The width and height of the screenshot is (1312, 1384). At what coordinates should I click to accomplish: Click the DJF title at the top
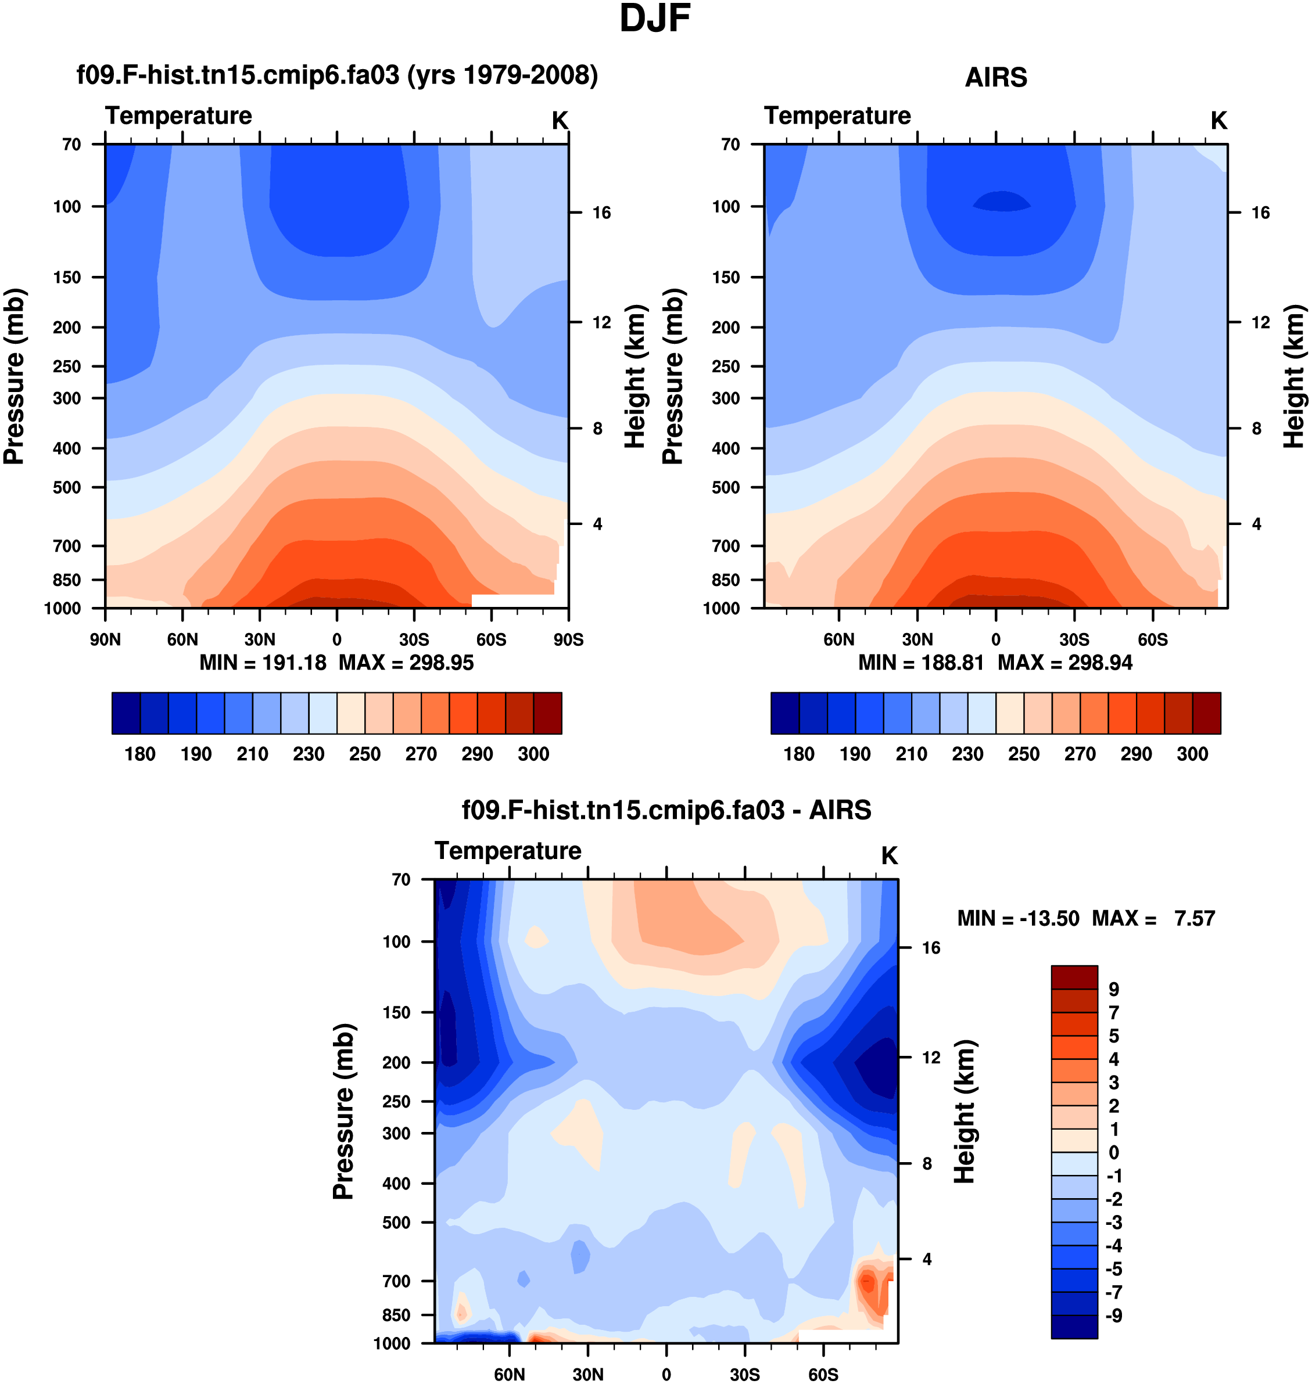point(655,19)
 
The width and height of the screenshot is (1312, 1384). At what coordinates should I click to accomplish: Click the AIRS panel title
point(995,78)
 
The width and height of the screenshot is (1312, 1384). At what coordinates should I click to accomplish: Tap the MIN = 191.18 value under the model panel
point(263,663)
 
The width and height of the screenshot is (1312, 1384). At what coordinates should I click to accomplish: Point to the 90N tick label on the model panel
point(105,639)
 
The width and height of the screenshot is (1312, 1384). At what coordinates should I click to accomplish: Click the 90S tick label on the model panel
point(568,639)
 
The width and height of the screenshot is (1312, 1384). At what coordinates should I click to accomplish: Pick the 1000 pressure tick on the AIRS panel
point(721,609)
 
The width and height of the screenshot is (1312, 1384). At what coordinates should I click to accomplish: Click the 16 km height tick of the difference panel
point(931,948)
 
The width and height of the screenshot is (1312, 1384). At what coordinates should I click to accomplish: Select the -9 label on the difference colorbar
point(1113,1315)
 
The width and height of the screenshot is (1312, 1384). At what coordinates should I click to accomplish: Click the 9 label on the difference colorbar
point(1113,989)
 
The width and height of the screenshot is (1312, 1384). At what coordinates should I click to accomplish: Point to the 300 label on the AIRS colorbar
point(1192,754)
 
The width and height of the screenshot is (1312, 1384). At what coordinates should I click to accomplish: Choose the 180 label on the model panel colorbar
point(140,754)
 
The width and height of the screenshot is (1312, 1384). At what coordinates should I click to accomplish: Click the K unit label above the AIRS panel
point(1218,121)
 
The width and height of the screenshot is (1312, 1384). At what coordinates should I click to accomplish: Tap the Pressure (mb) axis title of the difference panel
point(343,1112)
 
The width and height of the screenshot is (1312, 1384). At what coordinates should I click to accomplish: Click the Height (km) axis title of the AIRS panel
point(1294,376)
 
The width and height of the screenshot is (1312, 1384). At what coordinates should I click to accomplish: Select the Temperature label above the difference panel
point(508,851)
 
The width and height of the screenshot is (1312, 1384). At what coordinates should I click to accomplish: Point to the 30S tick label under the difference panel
point(745,1374)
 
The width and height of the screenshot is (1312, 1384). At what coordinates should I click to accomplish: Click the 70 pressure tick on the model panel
point(72,145)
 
